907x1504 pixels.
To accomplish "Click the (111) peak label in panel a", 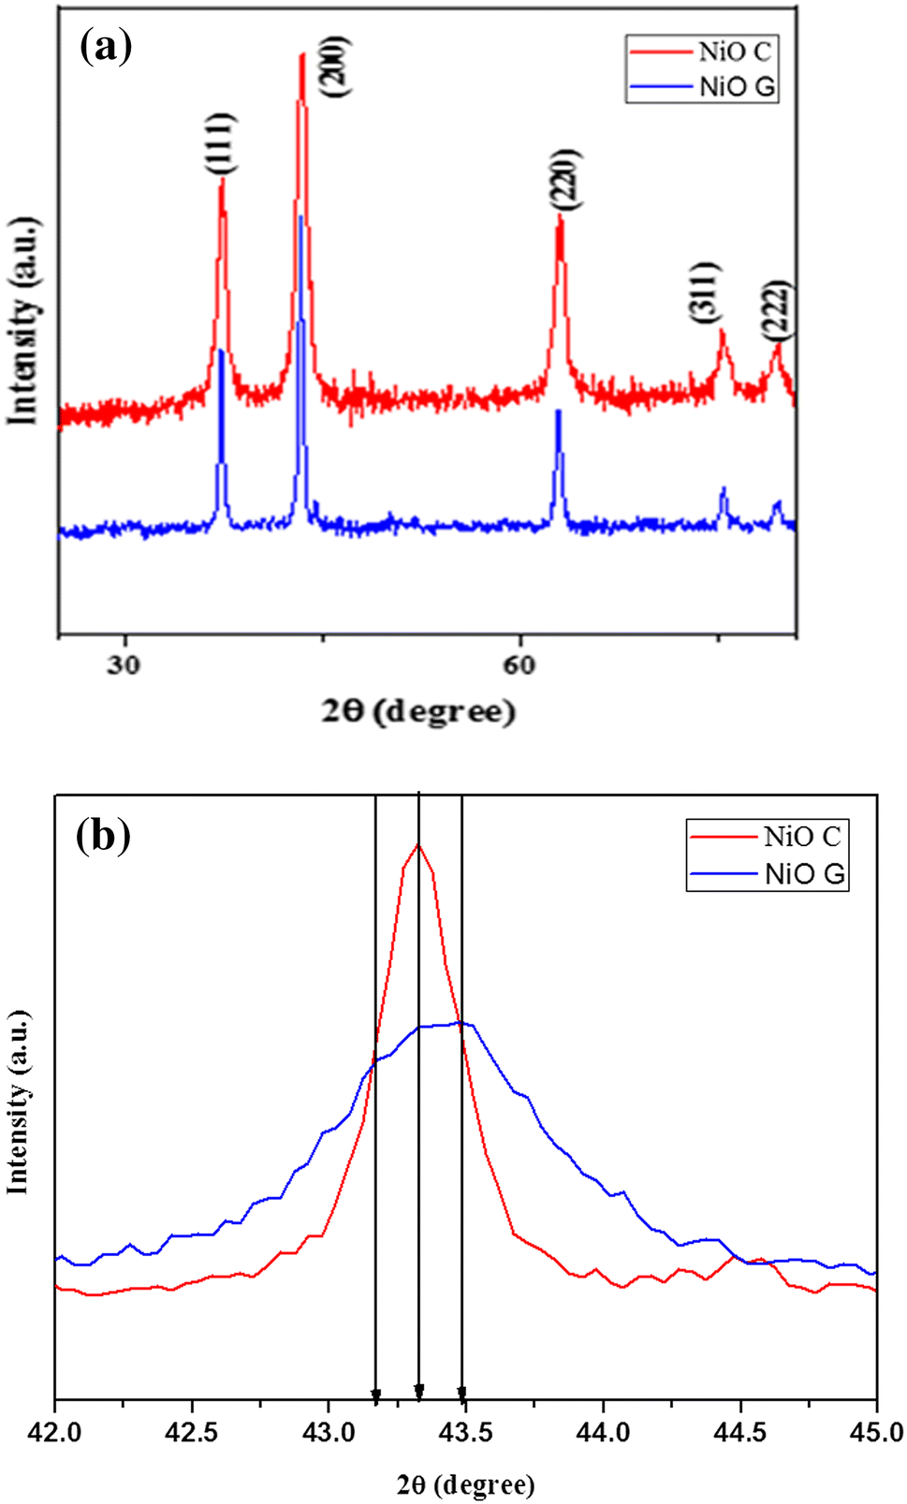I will pos(222,143).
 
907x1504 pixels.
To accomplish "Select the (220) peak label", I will pos(565,179).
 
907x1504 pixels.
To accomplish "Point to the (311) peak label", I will pos(707,293).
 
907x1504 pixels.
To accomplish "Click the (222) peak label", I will pos(777,310).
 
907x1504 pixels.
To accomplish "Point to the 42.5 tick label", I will pos(192,1433).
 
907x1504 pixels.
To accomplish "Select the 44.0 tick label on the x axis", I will pos(603,1433).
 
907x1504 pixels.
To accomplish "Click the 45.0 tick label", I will pos(876,1433).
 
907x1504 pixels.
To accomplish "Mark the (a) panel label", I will pos(106,46).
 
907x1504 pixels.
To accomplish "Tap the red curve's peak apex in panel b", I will pos(417,844).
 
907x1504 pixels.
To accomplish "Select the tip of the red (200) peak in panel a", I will pos(302,54).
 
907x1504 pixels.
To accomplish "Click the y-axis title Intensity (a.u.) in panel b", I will pos(18,1102).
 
